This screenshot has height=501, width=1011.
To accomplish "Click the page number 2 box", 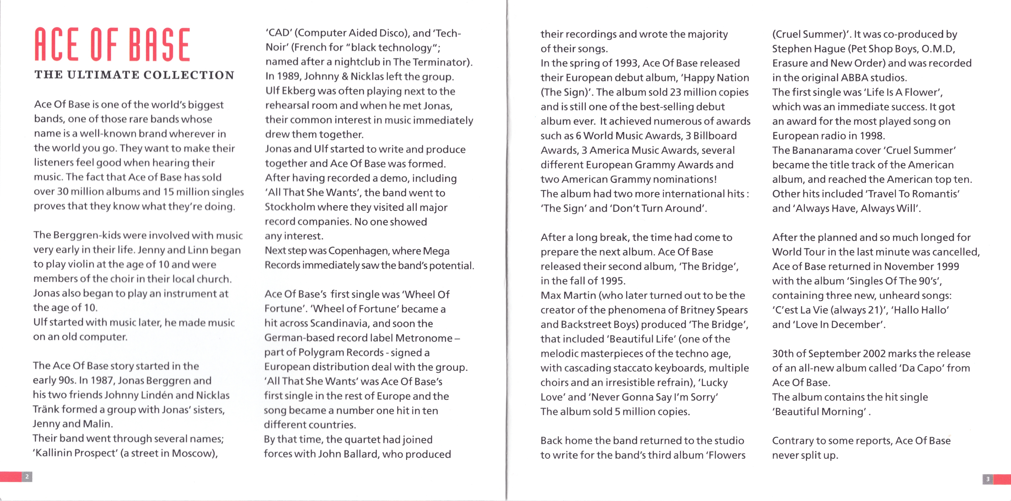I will [x=27, y=477].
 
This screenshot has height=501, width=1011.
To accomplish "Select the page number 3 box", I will [x=988, y=479].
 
